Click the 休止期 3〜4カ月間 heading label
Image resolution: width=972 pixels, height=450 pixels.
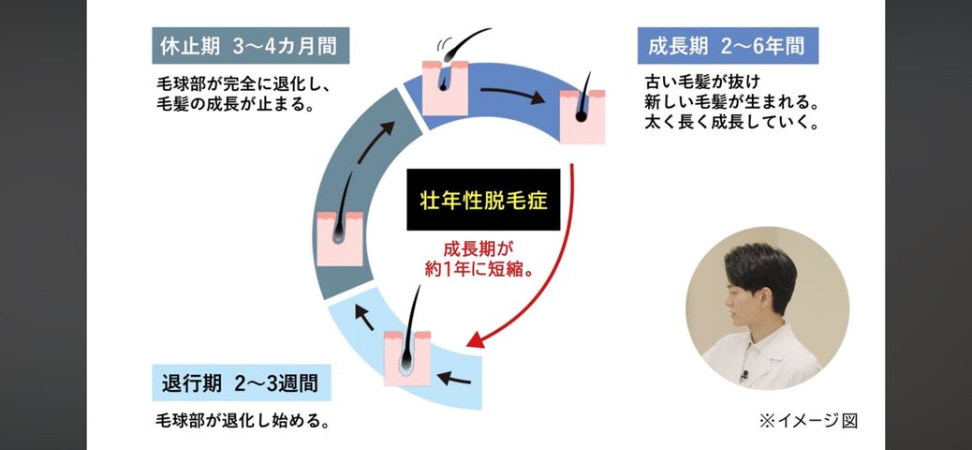(x=245, y=44)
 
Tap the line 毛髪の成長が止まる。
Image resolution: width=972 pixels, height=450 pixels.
(x=236, y=103)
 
